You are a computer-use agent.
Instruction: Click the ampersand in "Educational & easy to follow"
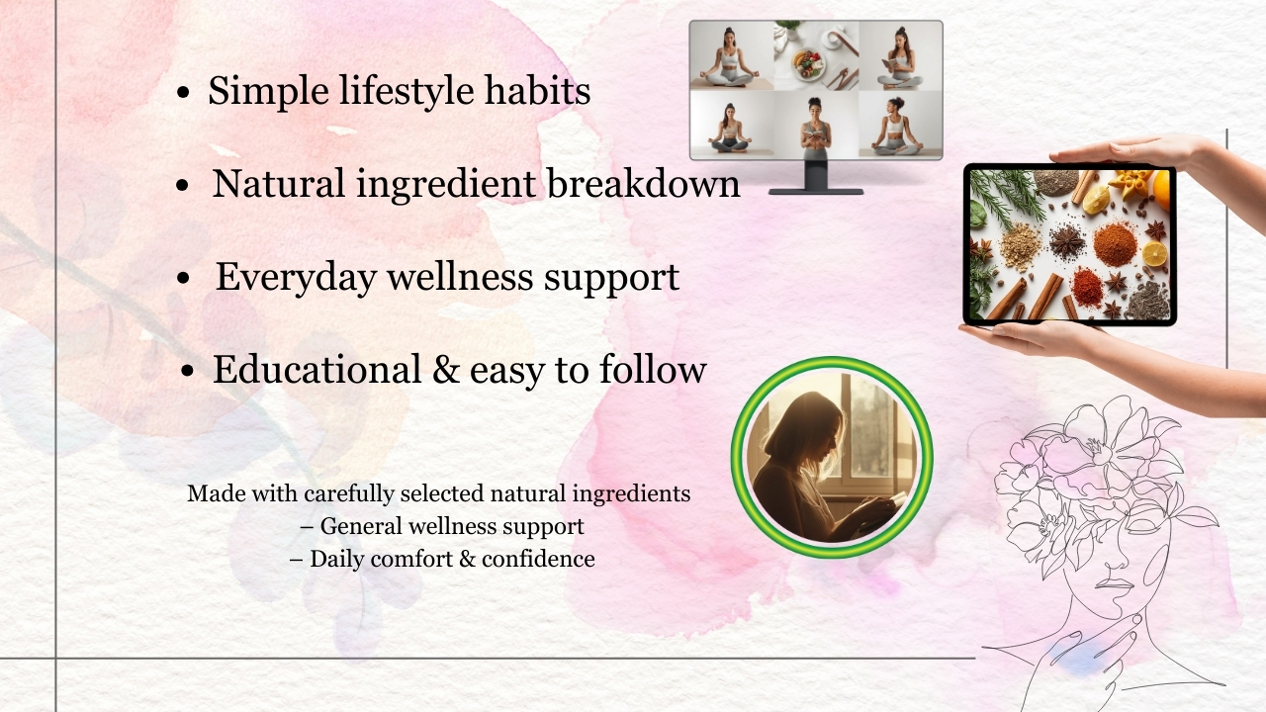coord(445,370)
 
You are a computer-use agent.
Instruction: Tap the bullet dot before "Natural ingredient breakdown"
coord(182,186)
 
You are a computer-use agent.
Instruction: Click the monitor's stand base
coord(816,190)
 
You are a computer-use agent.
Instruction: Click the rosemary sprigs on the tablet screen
coord(999,198)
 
